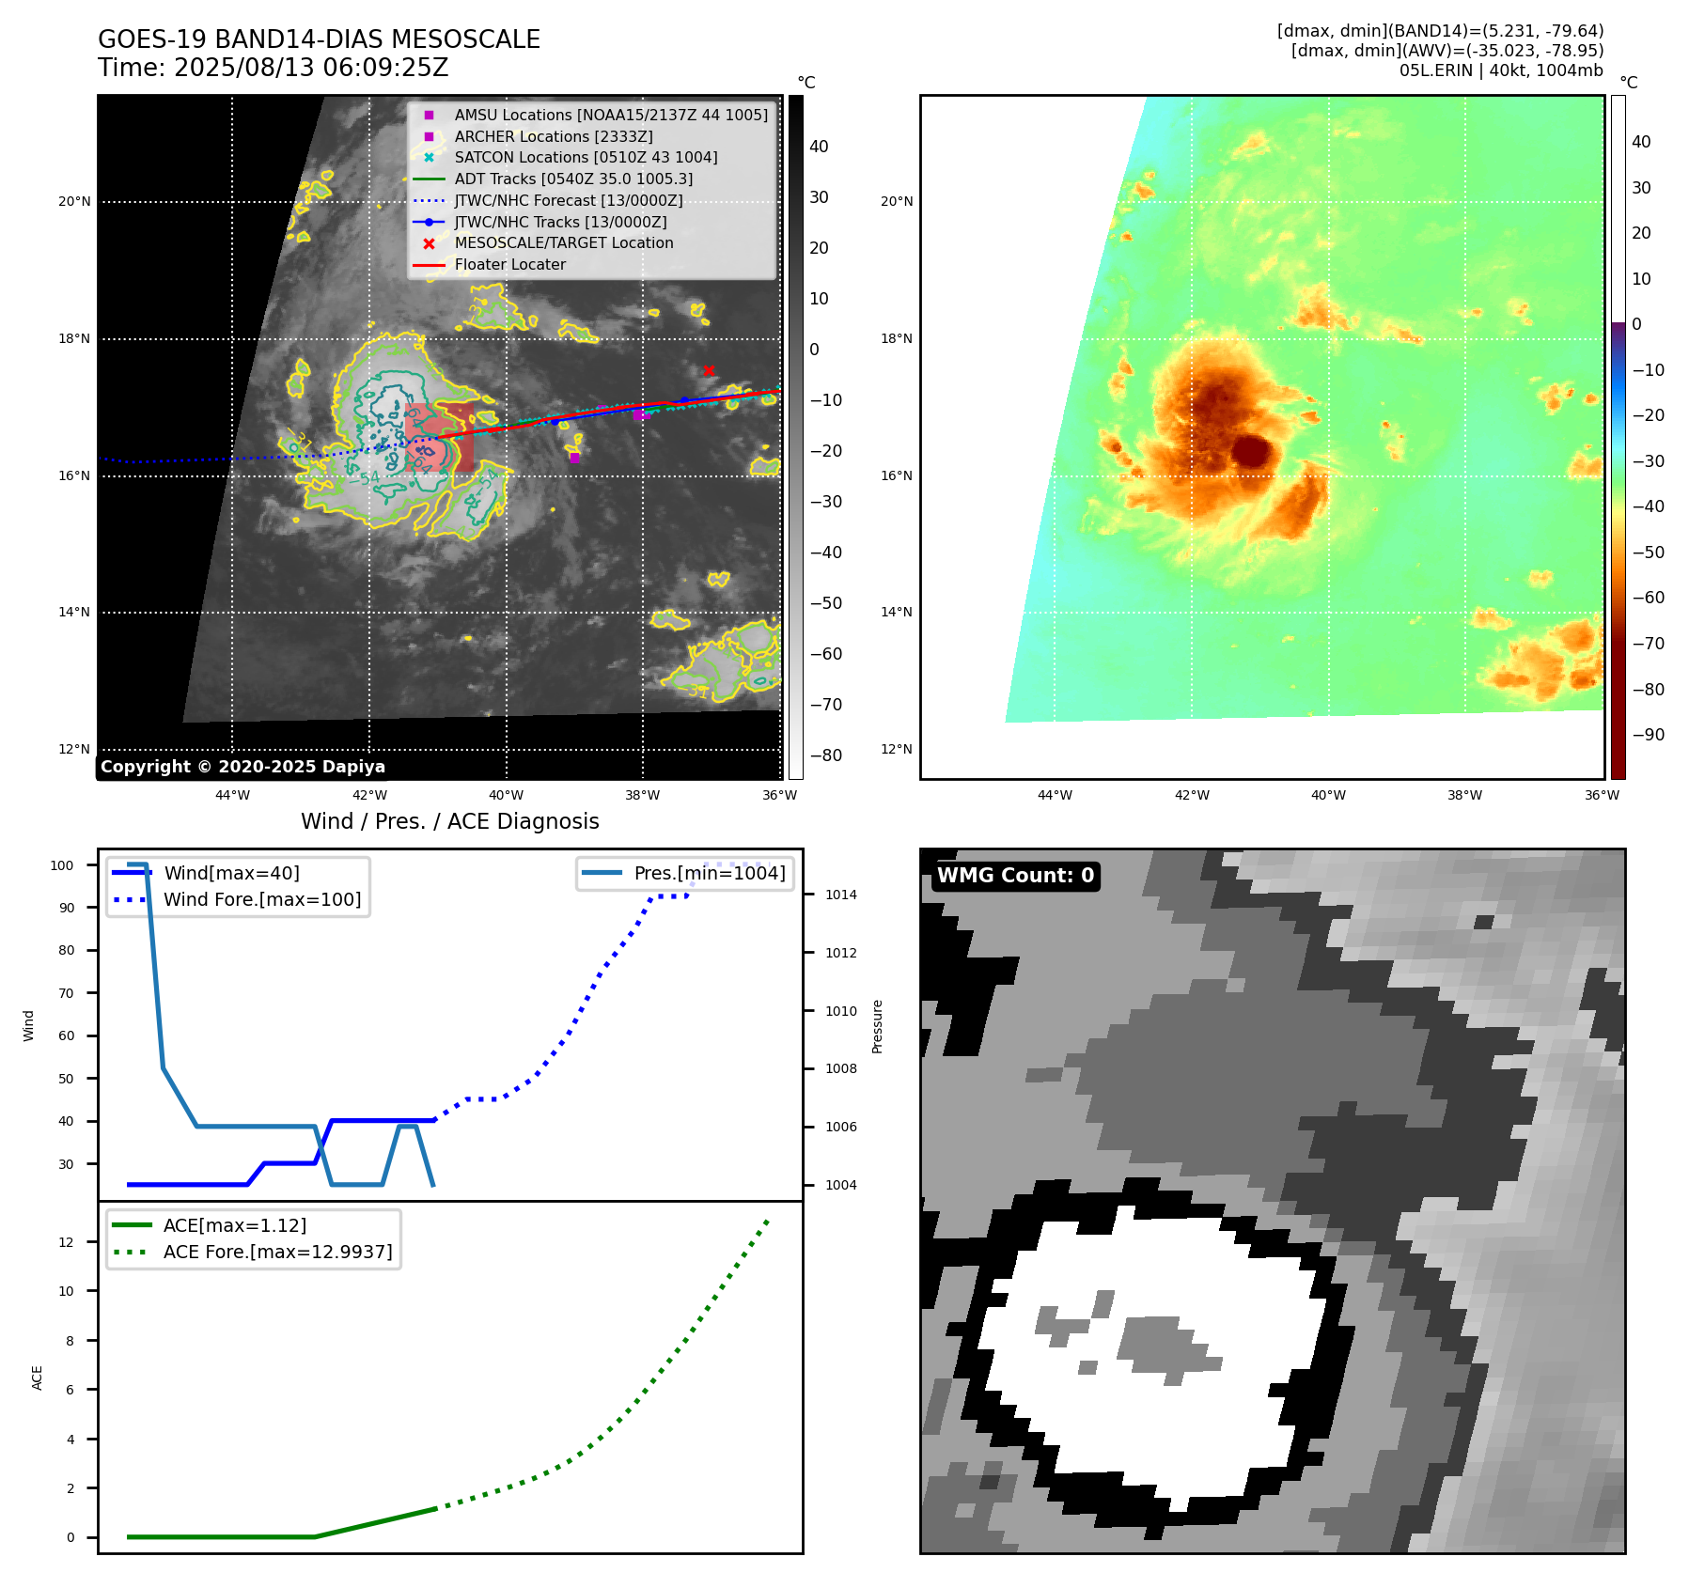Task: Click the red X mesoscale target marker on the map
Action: pos(709,370)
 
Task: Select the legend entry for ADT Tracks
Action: pos(573,179)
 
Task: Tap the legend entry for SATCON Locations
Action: pos(586,157)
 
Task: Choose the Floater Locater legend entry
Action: pos(509,264)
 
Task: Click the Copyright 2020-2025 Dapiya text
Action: pos(242,767)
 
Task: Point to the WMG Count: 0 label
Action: pos(1015,876)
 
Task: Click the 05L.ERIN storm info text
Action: pos(1500,70)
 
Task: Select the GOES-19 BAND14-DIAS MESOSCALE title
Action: pos(319,39)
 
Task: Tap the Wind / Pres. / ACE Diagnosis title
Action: pos(449,821)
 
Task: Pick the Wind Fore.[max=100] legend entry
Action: pos(261,899)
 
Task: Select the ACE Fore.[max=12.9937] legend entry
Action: pos(277,1252)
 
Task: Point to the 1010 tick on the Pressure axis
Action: pos(840,1011)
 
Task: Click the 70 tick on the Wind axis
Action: pos(67,993)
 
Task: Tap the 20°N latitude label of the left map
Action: pos(75,201)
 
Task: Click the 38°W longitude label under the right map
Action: pos(1464,795)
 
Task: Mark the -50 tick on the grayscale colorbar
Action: pos(826,603)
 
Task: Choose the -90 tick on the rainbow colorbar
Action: pos(1648,735)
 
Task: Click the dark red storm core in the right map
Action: pos(1251,452)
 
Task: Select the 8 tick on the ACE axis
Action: pos(70,1341)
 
